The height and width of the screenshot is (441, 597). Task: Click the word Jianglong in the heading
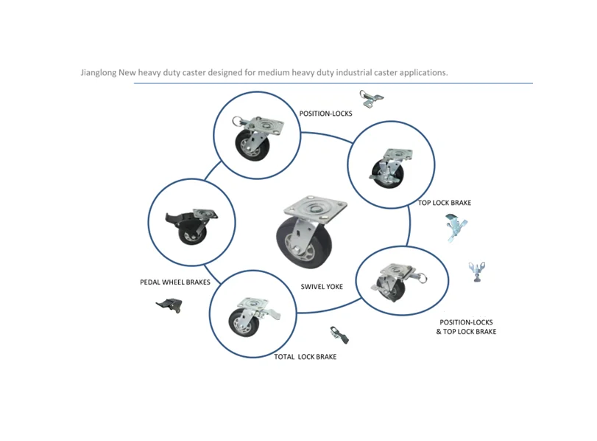click(99, 73)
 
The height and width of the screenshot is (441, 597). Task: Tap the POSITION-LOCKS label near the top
click(325, 114)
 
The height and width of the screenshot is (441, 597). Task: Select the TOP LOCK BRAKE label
click(445, 203)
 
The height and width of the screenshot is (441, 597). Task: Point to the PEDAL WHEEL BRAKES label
click(175, 282)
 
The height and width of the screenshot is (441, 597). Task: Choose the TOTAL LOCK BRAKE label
click(305, 357)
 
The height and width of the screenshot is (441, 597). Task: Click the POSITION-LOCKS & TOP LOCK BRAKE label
click(466, 327)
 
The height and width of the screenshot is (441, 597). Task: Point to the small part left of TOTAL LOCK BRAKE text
click(339, 335)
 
